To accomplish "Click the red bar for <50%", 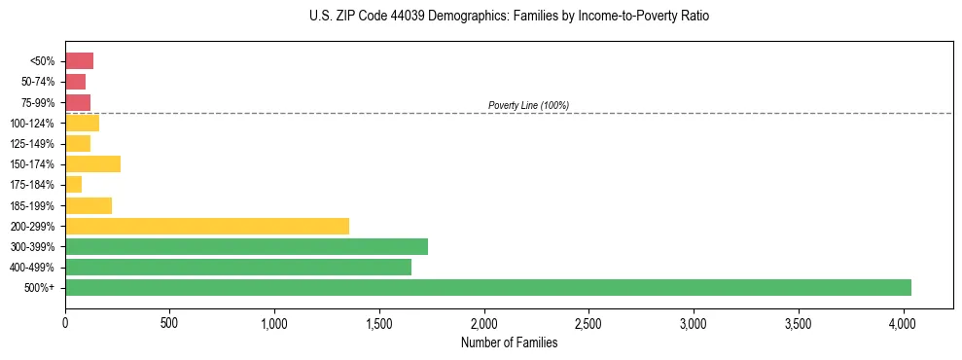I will (x=79, y=60).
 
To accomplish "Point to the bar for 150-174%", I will (x=92, y=163).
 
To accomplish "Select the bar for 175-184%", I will (x=73, y=184).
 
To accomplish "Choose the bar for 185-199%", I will (x=89, y=205).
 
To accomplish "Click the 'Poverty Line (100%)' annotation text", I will (x=528, y=105).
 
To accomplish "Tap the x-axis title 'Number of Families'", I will (x=509, y=342).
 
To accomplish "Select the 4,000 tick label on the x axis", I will (x=903, y=321).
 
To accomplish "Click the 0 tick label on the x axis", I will (x=65, y=321).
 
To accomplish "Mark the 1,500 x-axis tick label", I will (x=379, y=321).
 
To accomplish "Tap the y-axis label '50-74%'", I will (x=39, y=82).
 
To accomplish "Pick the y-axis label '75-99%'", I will (x=39, y=102).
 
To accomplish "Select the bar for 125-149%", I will (x=78, y=143).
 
